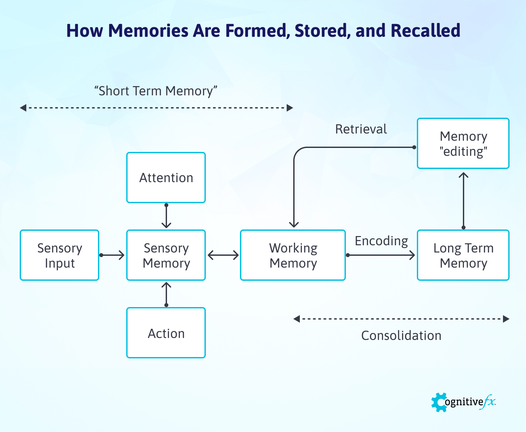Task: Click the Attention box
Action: tap(166, 178)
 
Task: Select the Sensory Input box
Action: tap(60, 255)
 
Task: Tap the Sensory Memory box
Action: tap(166, 255)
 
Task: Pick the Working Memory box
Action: tap(293, 255)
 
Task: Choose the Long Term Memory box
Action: tap(463, 255)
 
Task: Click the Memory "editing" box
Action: tap(463, 143)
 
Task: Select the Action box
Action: tap(166, 333)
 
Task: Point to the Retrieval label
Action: tap(361, 129)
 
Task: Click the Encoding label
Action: tap(381, 241)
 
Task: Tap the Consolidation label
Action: tap(401, 336)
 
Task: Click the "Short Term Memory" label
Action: tap(156, 91)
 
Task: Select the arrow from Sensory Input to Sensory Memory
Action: tap(112, 255)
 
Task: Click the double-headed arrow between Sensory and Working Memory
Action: tap(223, 255)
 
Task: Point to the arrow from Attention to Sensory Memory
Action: tap(166, 216)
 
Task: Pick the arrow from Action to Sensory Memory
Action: tap(166, 294)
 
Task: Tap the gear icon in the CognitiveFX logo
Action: tap(439, 402)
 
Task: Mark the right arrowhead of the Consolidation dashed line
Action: tap(506, 319)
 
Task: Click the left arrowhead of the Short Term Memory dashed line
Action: tap(23, 108)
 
